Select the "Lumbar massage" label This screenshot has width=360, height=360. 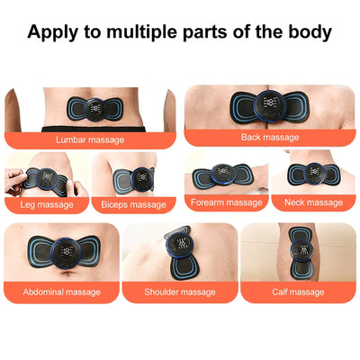90,139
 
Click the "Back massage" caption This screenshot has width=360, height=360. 270,137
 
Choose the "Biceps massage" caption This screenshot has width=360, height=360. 134,204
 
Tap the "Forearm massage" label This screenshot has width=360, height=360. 227,202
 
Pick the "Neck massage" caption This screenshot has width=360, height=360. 312,202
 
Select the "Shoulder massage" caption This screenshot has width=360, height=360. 180,292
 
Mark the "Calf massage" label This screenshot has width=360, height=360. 298,292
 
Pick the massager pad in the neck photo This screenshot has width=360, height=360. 313,175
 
